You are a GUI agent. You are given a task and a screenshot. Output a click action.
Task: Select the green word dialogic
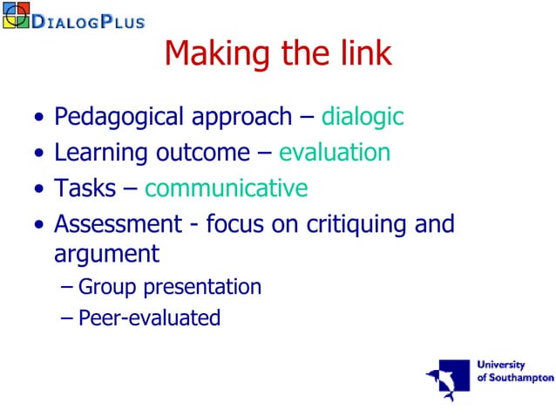(363, 116)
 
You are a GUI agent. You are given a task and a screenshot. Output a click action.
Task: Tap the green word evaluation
(335, 153)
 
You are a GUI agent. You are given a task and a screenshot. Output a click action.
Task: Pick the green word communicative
(227, 188)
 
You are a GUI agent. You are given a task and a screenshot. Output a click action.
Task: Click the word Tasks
(82, 188)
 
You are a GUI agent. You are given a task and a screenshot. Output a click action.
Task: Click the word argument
(106, 254)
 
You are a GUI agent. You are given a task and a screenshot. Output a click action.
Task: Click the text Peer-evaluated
(149, 318)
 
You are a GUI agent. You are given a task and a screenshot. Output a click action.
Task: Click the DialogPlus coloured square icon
(16, 15)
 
